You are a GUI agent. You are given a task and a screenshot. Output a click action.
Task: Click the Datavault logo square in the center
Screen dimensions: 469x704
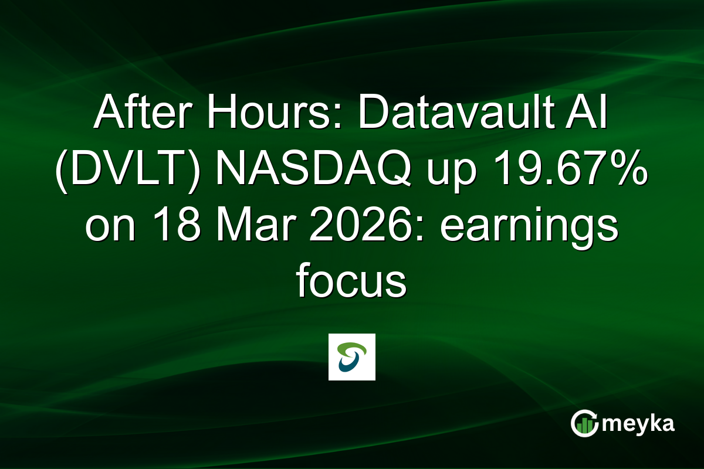tap(352, 357)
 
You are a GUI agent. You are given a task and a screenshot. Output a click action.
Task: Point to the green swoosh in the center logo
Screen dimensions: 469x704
tap(353, 349)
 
